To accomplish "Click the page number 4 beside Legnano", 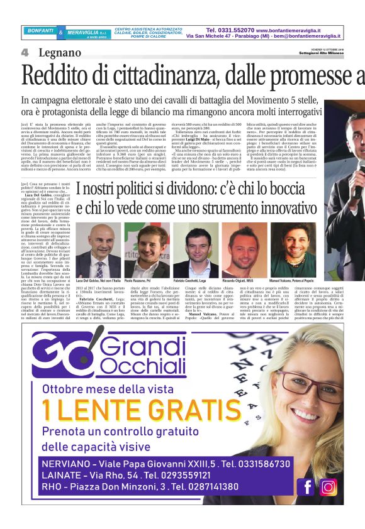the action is pyautogui.click(x=25, y=52).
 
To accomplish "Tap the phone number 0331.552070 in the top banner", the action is pyautogui.click(x=231, y=30).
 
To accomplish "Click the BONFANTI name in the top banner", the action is pyautogui.click(x=40, y=30).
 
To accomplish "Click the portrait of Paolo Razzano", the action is pyautogui.click(x=142, y=241).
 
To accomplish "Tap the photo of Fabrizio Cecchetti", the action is pyautogui.click(x=191, y=241).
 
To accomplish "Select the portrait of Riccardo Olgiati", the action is pyautogui.click(x=243, y=241).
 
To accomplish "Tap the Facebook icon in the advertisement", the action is pyautogui.click(x=308, y=486).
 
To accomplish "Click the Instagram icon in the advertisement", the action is pyautogui.click(x=328, y=486).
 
